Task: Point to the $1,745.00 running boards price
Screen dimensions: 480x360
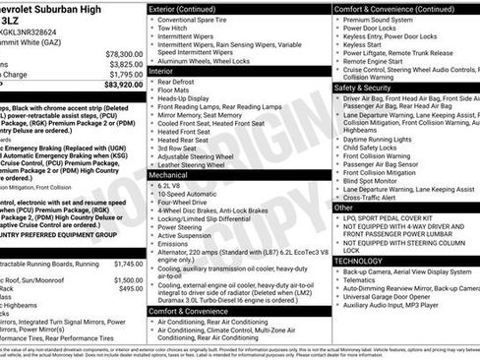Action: (x=128, y=264)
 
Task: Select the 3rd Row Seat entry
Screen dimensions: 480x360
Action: (x=181, y=149)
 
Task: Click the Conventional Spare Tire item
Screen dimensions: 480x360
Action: (x=198, y=20)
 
